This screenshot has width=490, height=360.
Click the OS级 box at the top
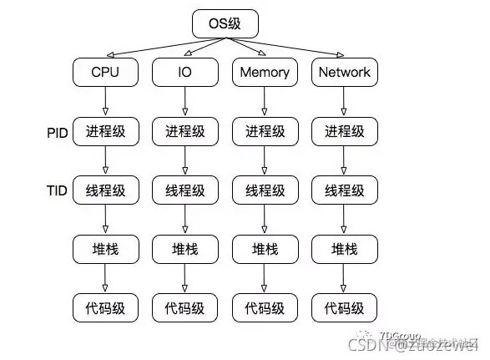tap(224, 23)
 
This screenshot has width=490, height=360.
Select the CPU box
tap(105, 72)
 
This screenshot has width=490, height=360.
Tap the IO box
tap(184, 72)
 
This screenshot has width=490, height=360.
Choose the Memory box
tap(264, 72)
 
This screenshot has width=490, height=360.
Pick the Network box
tap(344, 72)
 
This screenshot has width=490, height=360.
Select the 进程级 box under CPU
tap(105, 131)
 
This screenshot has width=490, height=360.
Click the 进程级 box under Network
tap(344, 131)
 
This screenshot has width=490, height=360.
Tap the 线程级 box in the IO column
tap(184, 190)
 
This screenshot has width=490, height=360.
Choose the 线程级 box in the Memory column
tap(264, 190)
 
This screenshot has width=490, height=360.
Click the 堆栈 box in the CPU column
tap(105, 249)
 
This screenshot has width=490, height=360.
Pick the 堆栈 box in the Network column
tap(344, 249)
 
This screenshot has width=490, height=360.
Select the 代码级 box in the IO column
tap(184, 307)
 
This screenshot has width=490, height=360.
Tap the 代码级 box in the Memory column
tap(264, 307)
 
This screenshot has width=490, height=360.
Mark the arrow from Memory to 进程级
tap(264, 101)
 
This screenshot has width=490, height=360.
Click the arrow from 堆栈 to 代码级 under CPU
tap(105, 278)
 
